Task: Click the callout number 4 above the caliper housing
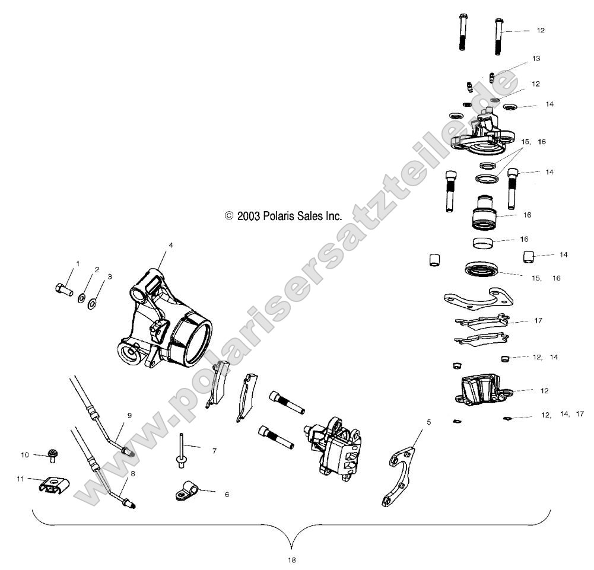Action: [154, 244]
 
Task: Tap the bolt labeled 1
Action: [62, 290]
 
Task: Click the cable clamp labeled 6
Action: [185, 492]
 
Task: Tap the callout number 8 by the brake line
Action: [132, 473]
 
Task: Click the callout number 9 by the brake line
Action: [129, 416]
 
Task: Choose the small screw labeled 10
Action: [53, 456]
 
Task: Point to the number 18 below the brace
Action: [291, 559]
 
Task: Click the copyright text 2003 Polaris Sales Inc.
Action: [284, 216]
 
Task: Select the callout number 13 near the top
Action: [536, 59]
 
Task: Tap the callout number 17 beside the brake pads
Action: [538, 320]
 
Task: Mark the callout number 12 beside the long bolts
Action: [540, 30]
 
